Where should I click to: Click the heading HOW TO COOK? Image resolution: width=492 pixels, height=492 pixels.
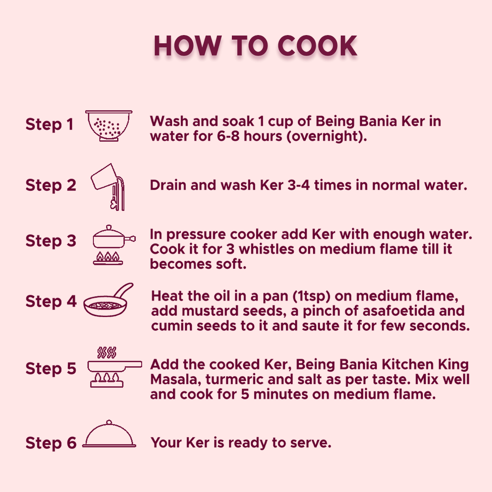(x=255, y=46)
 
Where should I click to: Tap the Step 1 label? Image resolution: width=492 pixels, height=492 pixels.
(x=49, y=124)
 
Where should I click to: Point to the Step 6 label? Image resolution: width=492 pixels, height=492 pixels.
(x=51, y=443)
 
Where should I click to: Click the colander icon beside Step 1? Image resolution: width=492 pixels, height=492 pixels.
(x=109, y=126)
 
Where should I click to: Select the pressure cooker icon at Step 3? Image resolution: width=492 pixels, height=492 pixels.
(x=114, y=245)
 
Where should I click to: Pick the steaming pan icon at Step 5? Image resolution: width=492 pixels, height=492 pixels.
(x=114, y=367)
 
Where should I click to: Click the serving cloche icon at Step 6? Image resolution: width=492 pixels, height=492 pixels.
(x=109, y=434)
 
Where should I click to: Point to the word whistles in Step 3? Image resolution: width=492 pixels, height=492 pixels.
(x=266, y=249)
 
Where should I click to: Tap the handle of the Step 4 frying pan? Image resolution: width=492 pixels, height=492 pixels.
(x=123, y=290)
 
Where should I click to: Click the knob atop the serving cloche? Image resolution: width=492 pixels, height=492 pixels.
(x=109, y=422)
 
